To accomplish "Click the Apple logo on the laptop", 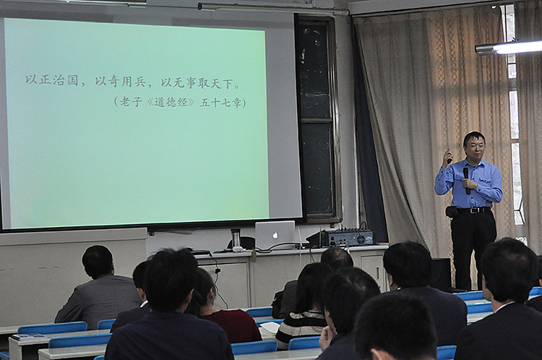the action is coord(275,236).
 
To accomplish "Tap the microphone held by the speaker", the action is coord(467,181).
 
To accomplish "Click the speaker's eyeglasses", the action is coord(476,146).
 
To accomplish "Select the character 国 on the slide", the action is coord(72,80).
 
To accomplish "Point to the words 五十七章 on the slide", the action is coord(220,103).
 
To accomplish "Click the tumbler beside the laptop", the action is coord(236,239).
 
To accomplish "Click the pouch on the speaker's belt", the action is coord(452,212).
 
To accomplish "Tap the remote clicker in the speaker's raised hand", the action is coord(449,158).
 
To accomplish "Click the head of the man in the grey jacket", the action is coord(97,261).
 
